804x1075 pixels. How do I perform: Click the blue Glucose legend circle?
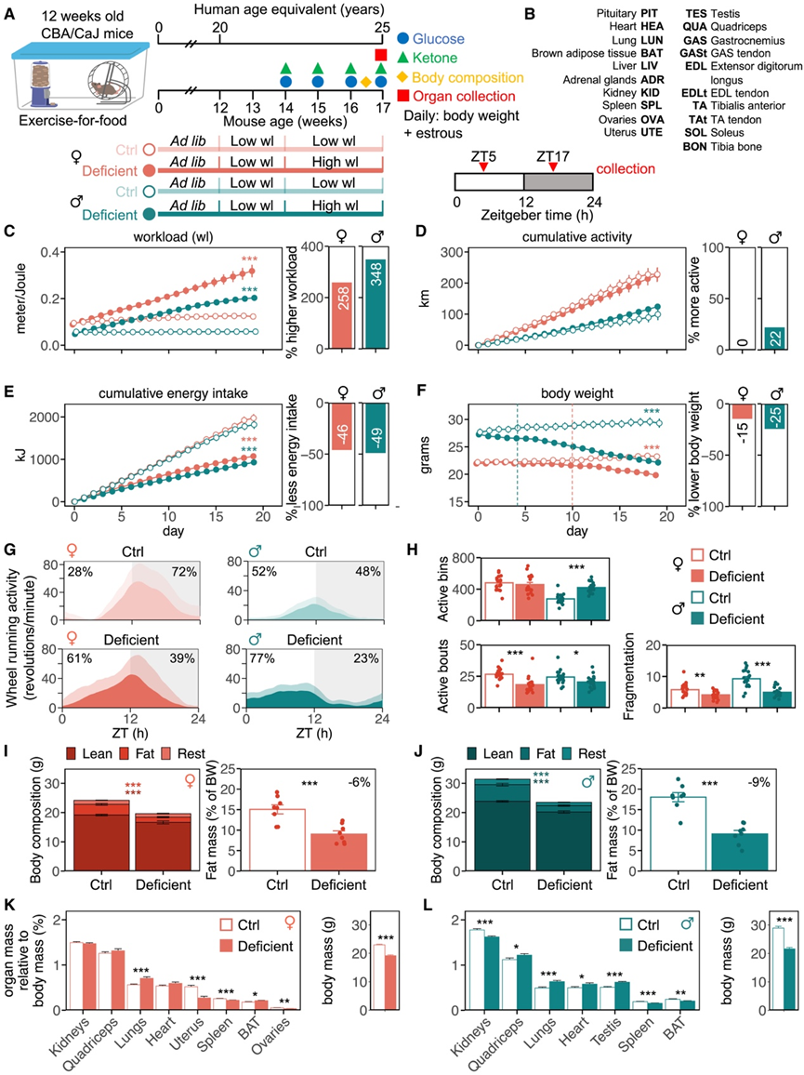click(x=402, y=39)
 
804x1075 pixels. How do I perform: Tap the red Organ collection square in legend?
click(x=402, y=96)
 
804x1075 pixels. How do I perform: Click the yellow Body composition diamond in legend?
click(x=402, y=77)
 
